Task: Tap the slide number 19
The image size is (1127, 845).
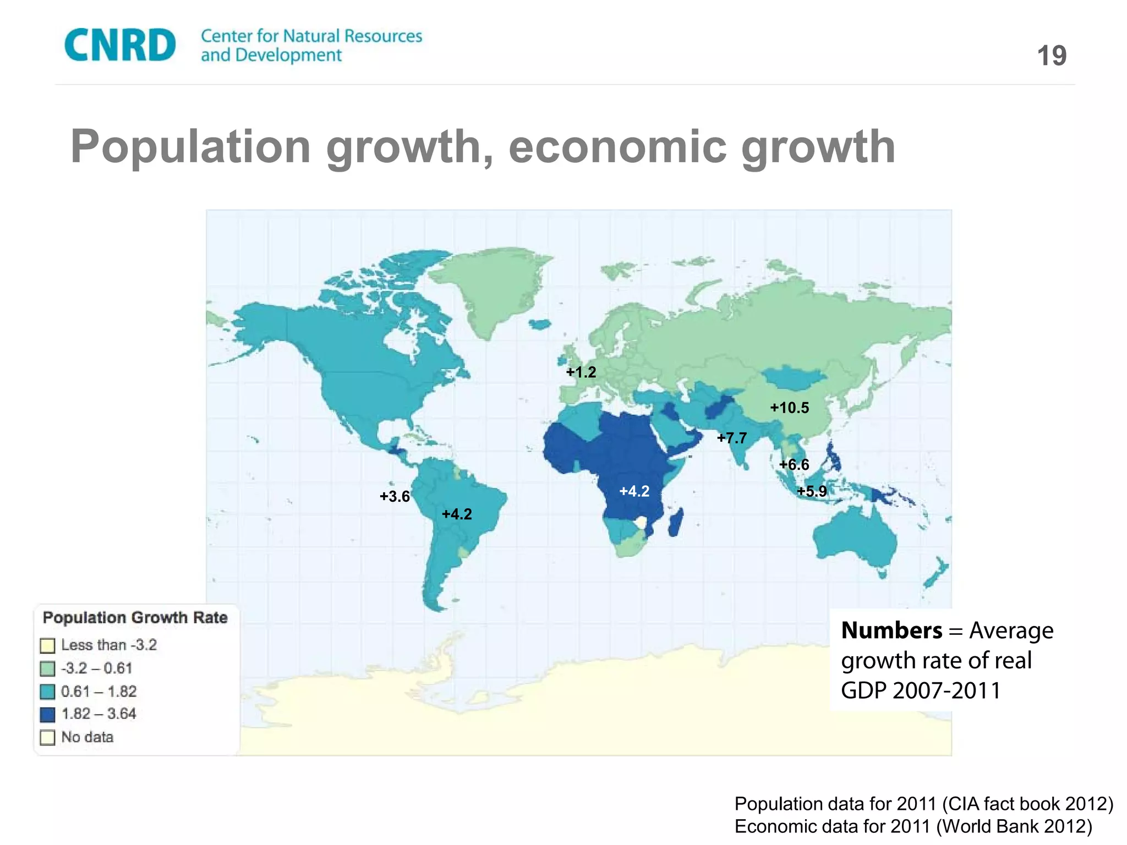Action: click(x=1052, y=56)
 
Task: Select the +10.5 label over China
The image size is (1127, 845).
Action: click(x=789, y=408)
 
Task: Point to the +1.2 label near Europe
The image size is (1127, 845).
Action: click(x=581, y=372)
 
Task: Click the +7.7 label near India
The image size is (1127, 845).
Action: click(x=732, y=438)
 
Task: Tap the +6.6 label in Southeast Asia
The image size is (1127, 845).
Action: click(x=794, y=465)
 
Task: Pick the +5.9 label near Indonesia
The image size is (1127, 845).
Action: click(x=812, y=491)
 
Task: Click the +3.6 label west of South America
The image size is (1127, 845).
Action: click(x=395, y=497)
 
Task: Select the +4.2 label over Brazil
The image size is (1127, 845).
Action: click(x=457, y=514)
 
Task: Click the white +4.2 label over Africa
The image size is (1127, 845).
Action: click(x=634, y=491)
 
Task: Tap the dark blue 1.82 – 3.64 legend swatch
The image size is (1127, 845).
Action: click(x=48, y=715)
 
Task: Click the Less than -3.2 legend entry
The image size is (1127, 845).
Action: click(x=108, y=645)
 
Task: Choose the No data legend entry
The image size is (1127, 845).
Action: click(x=87, y=737)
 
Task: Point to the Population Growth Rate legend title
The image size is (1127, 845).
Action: click(x=135, y=618)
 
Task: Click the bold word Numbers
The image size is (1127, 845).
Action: click(x=891, y=630)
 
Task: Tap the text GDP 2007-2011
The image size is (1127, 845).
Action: click(x=920, y=690)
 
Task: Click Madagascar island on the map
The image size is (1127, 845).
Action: click(x=676, y=523)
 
